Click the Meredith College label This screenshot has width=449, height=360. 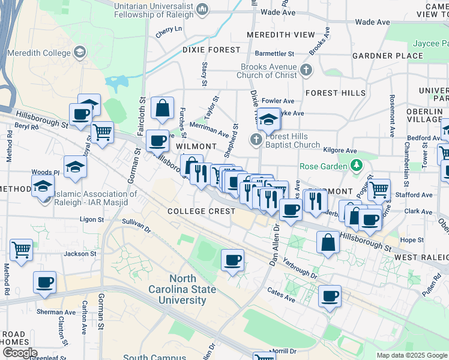click(41, 53)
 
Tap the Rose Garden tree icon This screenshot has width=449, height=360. click(356, 164)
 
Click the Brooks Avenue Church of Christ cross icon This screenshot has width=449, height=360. click(306, 70)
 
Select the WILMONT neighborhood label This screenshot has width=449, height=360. click(196, 146)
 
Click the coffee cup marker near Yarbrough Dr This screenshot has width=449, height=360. click(232, 260)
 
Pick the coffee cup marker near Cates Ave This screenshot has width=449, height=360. click(329, 296)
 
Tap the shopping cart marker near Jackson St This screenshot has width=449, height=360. click(21, 249)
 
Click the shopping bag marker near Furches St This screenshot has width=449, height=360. click(162, 109)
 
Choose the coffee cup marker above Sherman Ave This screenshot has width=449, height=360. click(44, 282)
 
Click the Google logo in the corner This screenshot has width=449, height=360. click(20, 353)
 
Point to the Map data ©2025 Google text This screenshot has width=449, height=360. click(411, 355)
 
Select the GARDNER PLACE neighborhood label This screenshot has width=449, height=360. click(387, 56)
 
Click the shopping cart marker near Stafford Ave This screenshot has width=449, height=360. click(379, 190)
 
